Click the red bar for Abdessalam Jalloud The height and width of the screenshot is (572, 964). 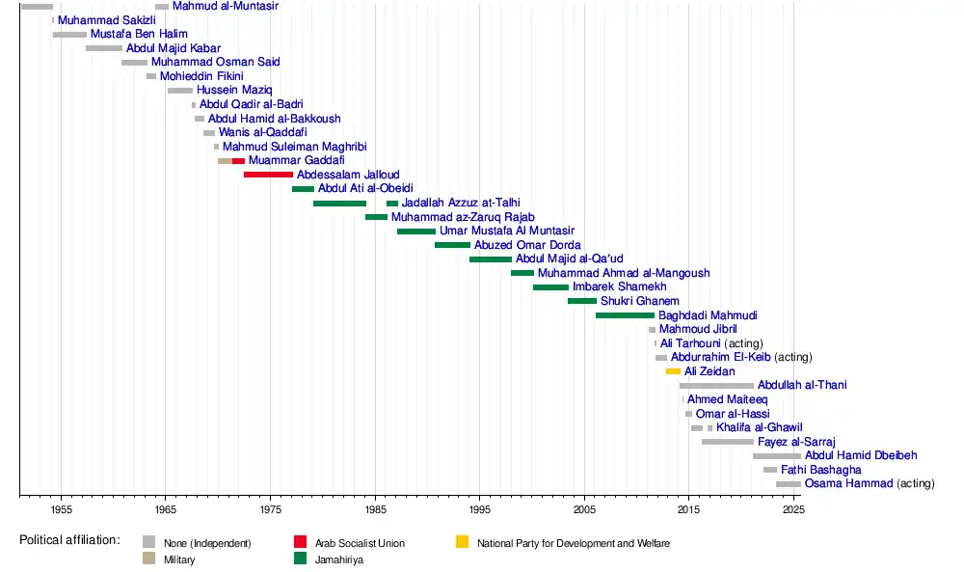click(x=268, y=175)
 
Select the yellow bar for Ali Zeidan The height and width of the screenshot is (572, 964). click(x=673, y=371)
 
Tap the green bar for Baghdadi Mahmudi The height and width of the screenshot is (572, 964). click(x=625, y=315)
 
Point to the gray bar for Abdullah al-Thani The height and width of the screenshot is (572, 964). click(x=716, y=386)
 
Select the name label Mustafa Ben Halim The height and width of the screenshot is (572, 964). click(x=139, y=34)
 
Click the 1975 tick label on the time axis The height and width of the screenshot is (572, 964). click(x=270, y=508)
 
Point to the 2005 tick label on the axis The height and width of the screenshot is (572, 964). click(x=584, y=508)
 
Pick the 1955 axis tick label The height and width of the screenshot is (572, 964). click(x=61, y=508)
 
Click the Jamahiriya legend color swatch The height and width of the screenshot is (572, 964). click(x=303, y=559)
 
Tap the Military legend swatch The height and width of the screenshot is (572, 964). click(x=148, y=559)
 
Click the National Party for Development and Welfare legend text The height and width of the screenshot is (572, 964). click(x=573, y=544)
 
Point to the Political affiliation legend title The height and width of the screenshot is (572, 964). click(x=69, y=540)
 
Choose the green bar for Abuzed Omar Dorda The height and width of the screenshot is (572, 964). click(x=452, y=245)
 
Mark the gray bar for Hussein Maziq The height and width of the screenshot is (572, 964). click(x=179, y=91)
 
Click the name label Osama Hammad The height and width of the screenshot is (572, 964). click(x=847, y=483)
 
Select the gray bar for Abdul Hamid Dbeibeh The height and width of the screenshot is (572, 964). click(x=776, y=455)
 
